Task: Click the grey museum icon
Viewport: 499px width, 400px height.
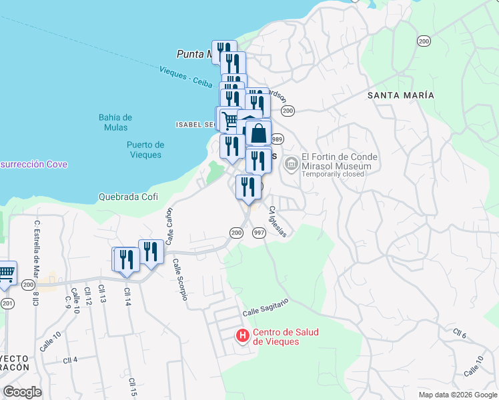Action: click(291, 163)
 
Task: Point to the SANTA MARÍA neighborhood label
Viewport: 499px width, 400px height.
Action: click(401, 95)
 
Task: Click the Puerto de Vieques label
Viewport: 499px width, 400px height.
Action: click(145, 149)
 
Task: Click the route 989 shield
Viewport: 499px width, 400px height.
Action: click(278, 139)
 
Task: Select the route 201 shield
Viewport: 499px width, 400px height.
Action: click(7, 303)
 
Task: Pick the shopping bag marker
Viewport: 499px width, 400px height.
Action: click(258, 133)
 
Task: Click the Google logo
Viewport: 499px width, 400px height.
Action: click(22, 392)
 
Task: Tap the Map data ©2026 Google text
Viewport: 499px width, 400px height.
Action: click(457, 395)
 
